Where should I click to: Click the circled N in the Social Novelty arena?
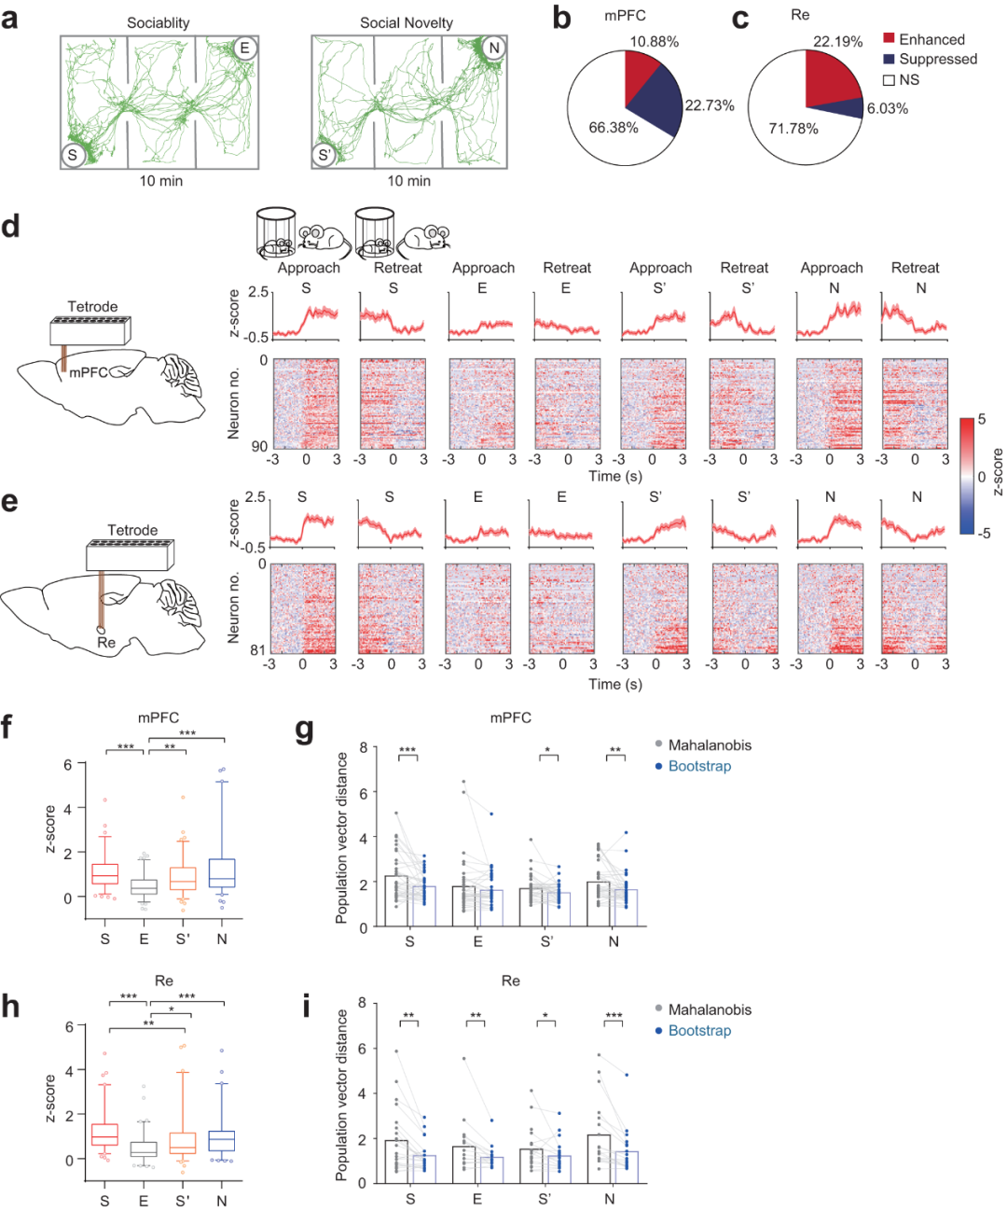[x=494, y=49]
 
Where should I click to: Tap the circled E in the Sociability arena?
[x=245, y=49]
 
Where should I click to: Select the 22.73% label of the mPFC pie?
[x=710, y=105]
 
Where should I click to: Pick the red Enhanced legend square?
[x=890, y=38]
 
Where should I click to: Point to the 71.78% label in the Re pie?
[x=793, y=128]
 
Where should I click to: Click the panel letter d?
[x=10, y=226]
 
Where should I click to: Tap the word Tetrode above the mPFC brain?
[x=92, y=306]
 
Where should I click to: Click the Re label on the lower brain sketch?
[x=106, y=642]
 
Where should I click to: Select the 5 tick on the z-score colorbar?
[x=981, y=420]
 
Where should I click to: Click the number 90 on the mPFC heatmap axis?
[x=257, y=446]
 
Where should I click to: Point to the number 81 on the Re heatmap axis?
[x=257, y=650]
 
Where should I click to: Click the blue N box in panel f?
[x=222, y=872]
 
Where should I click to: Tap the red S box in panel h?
[x=104, y=1134]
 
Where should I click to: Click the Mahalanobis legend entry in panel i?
[x=709, y=1009]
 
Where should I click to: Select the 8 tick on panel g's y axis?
[x=363, y=747]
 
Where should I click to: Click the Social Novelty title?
[x=407, y=22]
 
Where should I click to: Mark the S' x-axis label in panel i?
[x=545, y=1199]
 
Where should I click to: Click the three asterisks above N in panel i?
[x=614, y=1016]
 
